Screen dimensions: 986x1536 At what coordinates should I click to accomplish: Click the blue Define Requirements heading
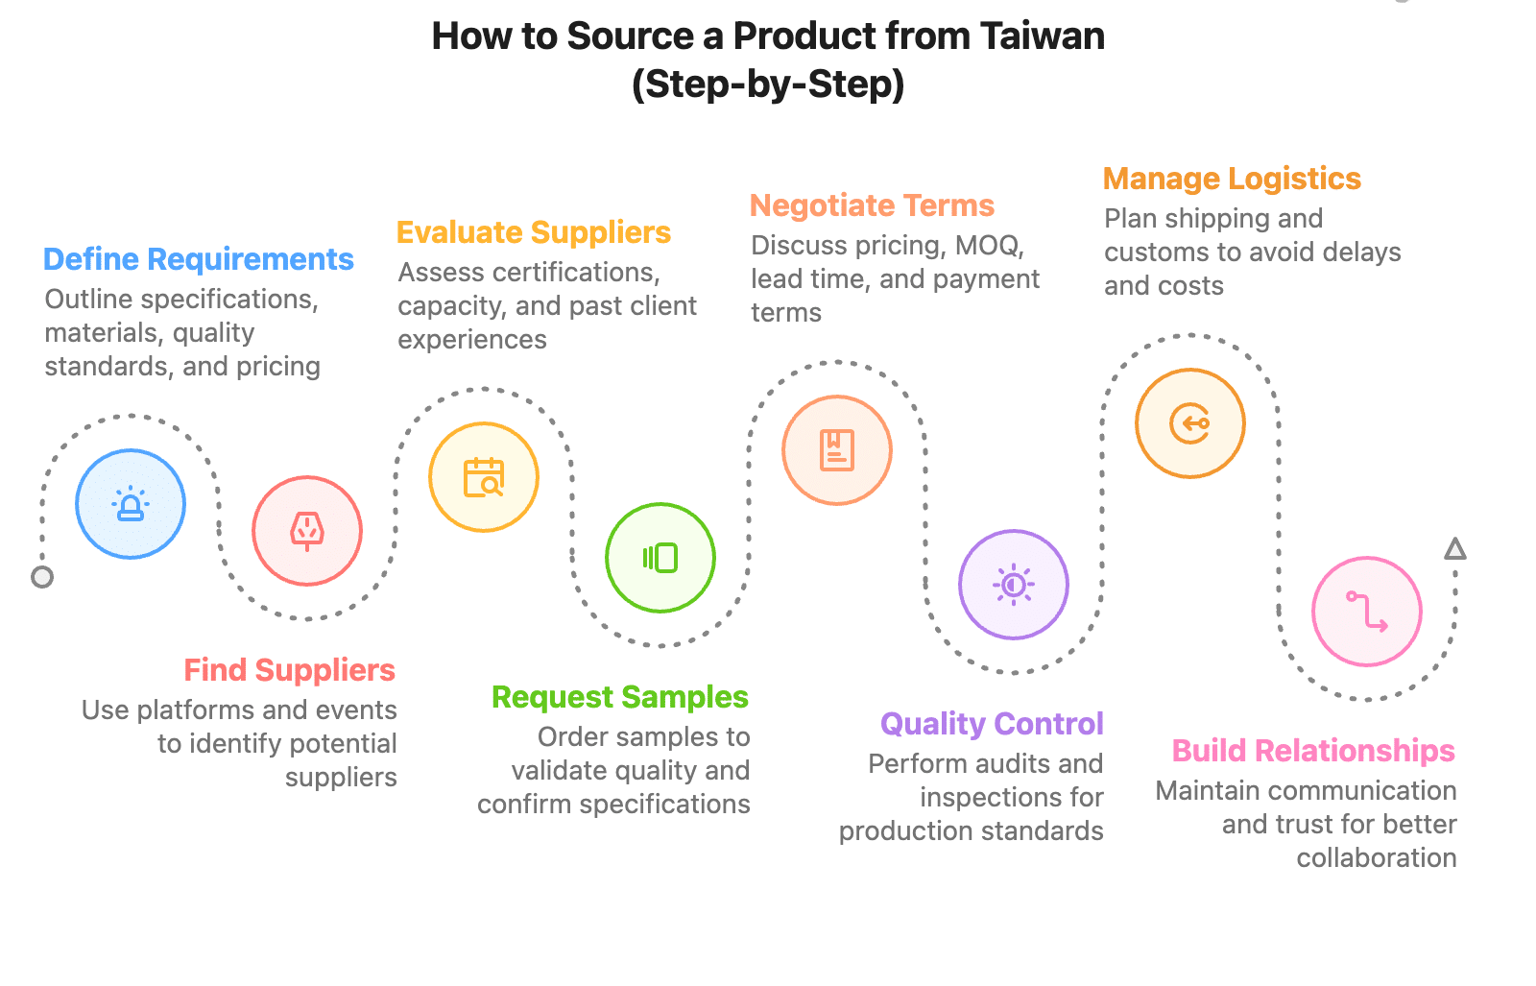coord(199,260)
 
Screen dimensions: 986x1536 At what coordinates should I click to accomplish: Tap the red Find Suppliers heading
coord(289,670)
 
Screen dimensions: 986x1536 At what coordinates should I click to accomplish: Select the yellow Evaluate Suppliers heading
coord(533,233)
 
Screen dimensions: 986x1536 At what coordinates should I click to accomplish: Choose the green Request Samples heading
coord(619,697)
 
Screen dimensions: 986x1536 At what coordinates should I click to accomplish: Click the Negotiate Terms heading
coord(872,206)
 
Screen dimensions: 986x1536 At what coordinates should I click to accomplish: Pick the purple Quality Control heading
coord(992,724)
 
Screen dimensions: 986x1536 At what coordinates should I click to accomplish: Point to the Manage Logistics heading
coord(1232,180)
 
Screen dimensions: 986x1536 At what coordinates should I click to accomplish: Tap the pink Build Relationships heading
coord(1313,751)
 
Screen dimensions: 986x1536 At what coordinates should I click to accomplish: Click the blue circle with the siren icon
coord(131,504)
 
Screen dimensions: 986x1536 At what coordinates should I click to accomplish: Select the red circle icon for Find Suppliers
coord(307,531)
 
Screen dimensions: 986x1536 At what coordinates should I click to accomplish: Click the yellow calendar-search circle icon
coord(484,477)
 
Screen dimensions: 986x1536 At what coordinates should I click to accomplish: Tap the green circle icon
coord(660,558)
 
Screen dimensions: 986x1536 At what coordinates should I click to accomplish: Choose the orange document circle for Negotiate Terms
coord(837,450)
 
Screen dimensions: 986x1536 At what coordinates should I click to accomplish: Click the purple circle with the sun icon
coord(1014,585)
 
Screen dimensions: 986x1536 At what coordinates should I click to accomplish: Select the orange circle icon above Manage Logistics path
coord(1190,423)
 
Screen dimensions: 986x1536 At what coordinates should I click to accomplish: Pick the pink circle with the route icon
coord(1367,612)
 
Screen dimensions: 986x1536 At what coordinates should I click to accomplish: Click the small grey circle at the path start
coord(42,577)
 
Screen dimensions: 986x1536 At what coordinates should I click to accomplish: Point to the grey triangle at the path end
coord(1455,549)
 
